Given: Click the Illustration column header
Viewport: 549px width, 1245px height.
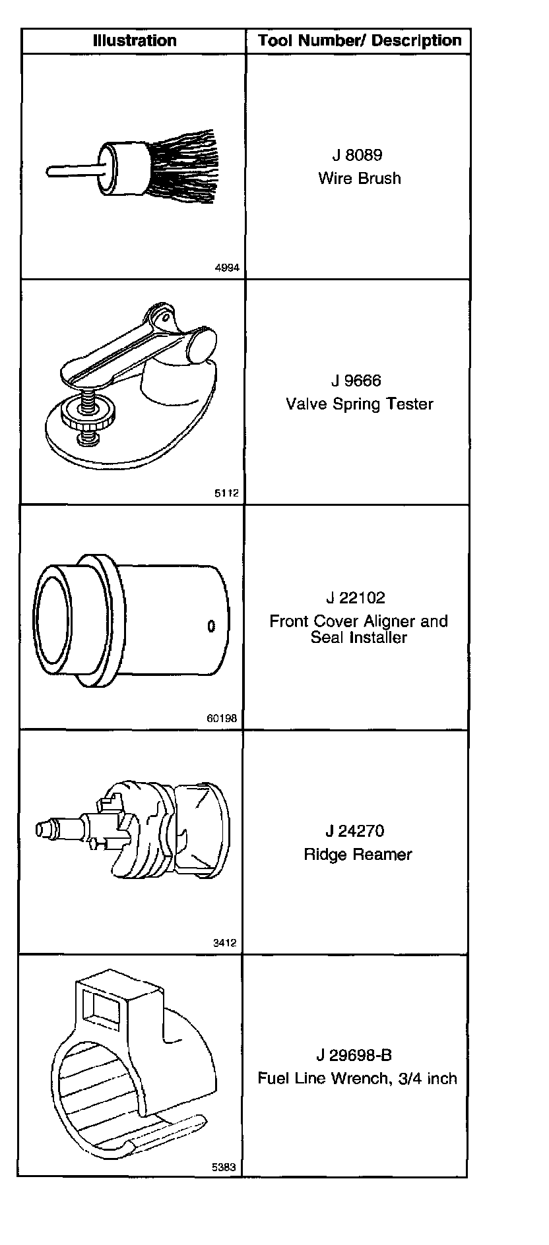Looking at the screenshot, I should pyautogui.click(x=135, y=41).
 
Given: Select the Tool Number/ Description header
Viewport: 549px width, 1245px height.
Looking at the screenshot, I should pyautogui.click(x=360, y=41).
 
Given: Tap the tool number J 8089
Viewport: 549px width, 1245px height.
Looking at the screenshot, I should pyautogui.click(x=358, y=156).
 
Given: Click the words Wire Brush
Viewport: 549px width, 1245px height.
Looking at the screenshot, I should pyautogui.click(x=359, y=178).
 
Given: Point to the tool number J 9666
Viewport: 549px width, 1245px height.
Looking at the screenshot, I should pyautogui.click(x=356, y=381).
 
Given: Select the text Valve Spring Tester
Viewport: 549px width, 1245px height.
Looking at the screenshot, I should pyautogui.click(x=359, y=404).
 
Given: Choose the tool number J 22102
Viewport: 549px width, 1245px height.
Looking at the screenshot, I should pyautogui.click(x=356, y=598).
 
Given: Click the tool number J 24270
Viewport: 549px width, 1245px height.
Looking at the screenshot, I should pyautogui.click(x=355, y=831).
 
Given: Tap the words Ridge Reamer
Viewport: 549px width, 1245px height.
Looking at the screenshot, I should pyautogui.click(x=358, y=855).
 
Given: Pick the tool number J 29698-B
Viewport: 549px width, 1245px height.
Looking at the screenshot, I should pyautogui.click(x=354, y=1055).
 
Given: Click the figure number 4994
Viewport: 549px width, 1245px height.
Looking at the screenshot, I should pyautogui.click(x=227, y=268).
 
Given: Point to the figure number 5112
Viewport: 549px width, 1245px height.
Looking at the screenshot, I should pyautogui.click(x=226, y=493).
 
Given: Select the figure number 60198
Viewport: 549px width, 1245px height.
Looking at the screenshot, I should pyautogui.click(x=222, y=719).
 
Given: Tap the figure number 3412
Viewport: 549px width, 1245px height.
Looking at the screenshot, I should pyautogui.click(x=224, y=943).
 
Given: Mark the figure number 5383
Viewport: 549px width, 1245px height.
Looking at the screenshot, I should pyautogui.click(x=224, y=1167).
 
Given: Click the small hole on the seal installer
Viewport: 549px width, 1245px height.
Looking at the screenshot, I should pyautogui.click(x=211, y=626).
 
